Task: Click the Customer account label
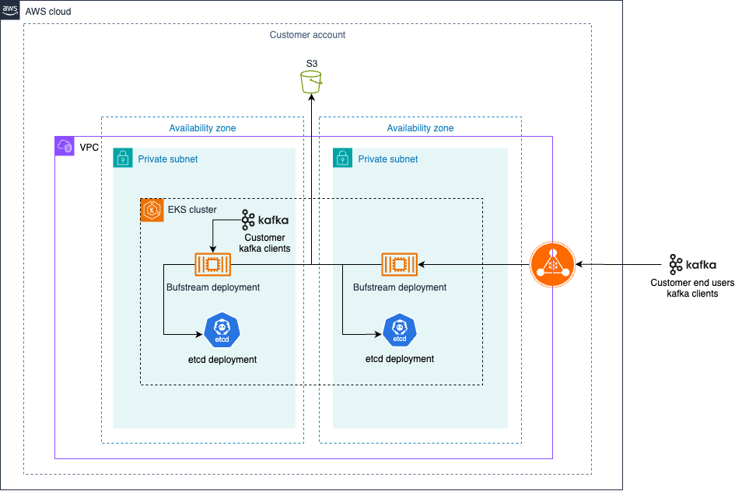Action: [307, 35]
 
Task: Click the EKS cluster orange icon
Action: [152, 210]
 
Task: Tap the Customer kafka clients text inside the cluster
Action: [264, 243]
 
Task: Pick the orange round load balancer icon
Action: [552, 265]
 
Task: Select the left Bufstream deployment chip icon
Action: [212, 265]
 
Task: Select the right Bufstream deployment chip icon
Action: [399, 265]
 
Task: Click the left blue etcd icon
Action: [222, 332]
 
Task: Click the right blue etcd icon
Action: [400, 332]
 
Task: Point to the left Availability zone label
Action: [202, 128]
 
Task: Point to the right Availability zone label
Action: [420, 128]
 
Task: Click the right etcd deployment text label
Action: [400, 359]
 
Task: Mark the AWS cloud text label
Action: [48, 12]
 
